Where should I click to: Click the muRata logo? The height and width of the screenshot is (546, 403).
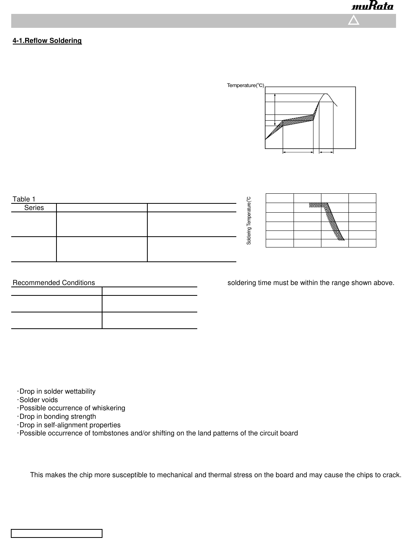(x=372, y=6)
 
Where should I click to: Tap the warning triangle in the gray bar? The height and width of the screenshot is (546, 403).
(x=353, y=20)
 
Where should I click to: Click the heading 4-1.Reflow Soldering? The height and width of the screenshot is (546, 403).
(x=47, y=41)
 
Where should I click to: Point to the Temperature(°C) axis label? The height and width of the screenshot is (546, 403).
(x=245, y=85)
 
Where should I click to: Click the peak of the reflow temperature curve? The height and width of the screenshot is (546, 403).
(x=326, y=94)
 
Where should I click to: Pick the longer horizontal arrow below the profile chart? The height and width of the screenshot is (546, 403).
(x=298, y=153)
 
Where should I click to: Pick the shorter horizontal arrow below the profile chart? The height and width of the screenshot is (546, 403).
(x=326, y=153)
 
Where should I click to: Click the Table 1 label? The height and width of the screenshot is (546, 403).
(x=24, y=199)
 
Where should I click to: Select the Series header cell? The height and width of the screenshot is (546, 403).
(x=34, y=208)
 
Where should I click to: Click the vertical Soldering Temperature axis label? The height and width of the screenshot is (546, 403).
(x=249, y=220)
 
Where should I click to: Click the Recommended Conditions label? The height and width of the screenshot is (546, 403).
(x=54, y=283)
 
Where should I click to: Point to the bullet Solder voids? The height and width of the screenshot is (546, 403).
(x=38, y=400)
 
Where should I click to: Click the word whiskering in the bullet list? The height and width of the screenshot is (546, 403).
(x=108, y=408)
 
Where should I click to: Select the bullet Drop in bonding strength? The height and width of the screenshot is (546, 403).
(x=58, y=416)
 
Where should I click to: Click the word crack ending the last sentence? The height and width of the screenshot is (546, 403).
(x=391, y=475)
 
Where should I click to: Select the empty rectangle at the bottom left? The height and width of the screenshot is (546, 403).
(x=56, y=534)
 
